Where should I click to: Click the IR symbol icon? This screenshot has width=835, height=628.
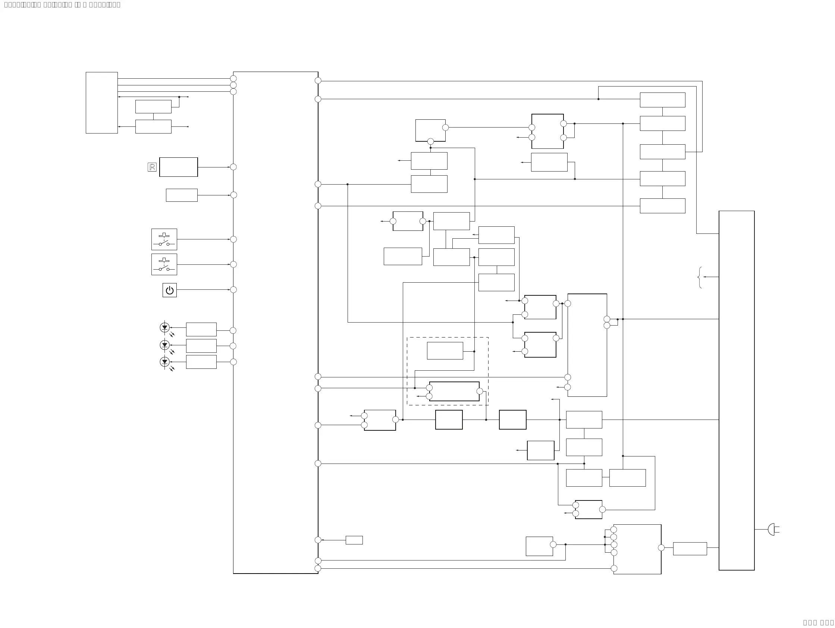pyautogui.click(x=152, y=167)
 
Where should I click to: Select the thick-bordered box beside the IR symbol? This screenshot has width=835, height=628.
pyautogui.click(x=179, y=167)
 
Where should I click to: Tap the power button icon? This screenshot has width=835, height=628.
pyautogui.click(x=169, y=290)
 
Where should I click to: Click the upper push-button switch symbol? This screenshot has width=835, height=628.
pyautogui.click(x=164, y=239)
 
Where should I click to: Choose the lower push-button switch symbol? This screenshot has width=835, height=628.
pyautogui.click(x=164, y=264)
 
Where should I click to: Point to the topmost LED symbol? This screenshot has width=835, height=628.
pyautogui.click(x=164, y=327)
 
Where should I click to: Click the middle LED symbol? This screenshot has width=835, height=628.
pyautogui.click(x=164, y=345)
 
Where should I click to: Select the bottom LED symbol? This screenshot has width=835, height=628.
pyautogui.click(x=164, y=362)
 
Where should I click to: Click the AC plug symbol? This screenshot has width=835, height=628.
pyautogui.click(x=772, y=530)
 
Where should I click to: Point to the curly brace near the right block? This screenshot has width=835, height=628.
pyautogui.click(x=700, y=277)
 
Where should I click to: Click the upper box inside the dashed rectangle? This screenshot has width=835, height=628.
pyautogui.click(x=445, y=351)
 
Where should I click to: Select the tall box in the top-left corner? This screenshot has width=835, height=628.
pyautogui.click(x=101, y=103)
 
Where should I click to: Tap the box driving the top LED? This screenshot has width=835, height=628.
pyautogui.click(x=201, y=329)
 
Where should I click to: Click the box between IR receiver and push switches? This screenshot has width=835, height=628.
pyautogui.click(x=182, y=195)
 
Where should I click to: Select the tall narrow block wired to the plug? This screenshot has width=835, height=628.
pyautogui.click(x=737, y=390)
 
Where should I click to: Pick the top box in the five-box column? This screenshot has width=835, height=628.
pyautogui.click(x=662, y=100)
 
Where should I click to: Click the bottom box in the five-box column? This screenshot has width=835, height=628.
pyautogui.click(x=662, y=206)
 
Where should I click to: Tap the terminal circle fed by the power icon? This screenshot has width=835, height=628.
pyautogui.click(x=233, y=290)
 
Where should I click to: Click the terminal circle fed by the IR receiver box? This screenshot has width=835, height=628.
pyautogui.click(x=233, y=167)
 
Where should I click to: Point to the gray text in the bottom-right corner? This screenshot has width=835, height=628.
pyautogui.click(x=818, y=623)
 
